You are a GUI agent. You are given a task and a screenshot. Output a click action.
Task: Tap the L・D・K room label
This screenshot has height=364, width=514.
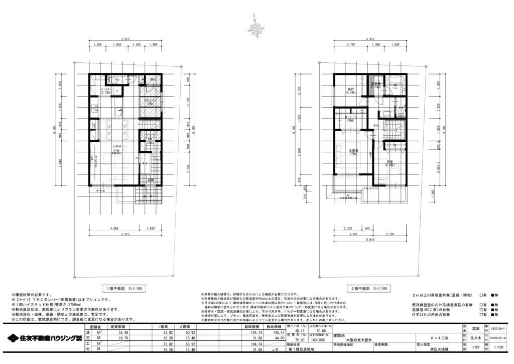[116, 147]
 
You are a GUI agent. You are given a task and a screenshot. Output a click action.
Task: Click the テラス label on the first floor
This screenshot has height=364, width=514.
[95, 191]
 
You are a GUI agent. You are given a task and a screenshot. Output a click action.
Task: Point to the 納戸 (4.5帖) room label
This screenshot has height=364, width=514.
[350, 91]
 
